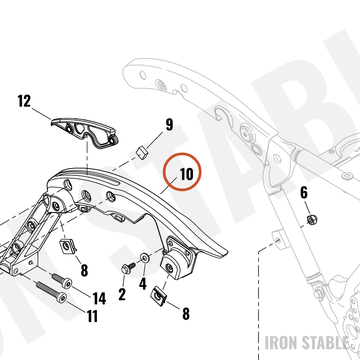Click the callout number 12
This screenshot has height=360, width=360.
click(x=24, y=101)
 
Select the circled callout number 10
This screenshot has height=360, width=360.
click(x=186, y=174)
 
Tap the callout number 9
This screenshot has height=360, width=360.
click(x=170, y=125)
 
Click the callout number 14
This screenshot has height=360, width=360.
click(x=99, y=298)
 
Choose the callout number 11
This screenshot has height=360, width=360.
click(x=93, y=316)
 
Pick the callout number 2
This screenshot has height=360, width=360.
click(x=122, y=294)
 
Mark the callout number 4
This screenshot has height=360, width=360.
click(x=143, y=284)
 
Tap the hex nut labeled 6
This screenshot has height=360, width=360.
click(x=312, y=220)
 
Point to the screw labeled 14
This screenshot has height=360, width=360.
click(x=62, y=280)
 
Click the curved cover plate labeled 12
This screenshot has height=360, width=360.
click(x=85, y=132)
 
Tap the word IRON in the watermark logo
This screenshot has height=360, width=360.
click(x=281, y=343)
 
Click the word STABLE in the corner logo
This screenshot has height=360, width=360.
click(x=325, y=343)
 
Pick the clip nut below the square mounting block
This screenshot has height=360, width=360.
click(x=159, y=296)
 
